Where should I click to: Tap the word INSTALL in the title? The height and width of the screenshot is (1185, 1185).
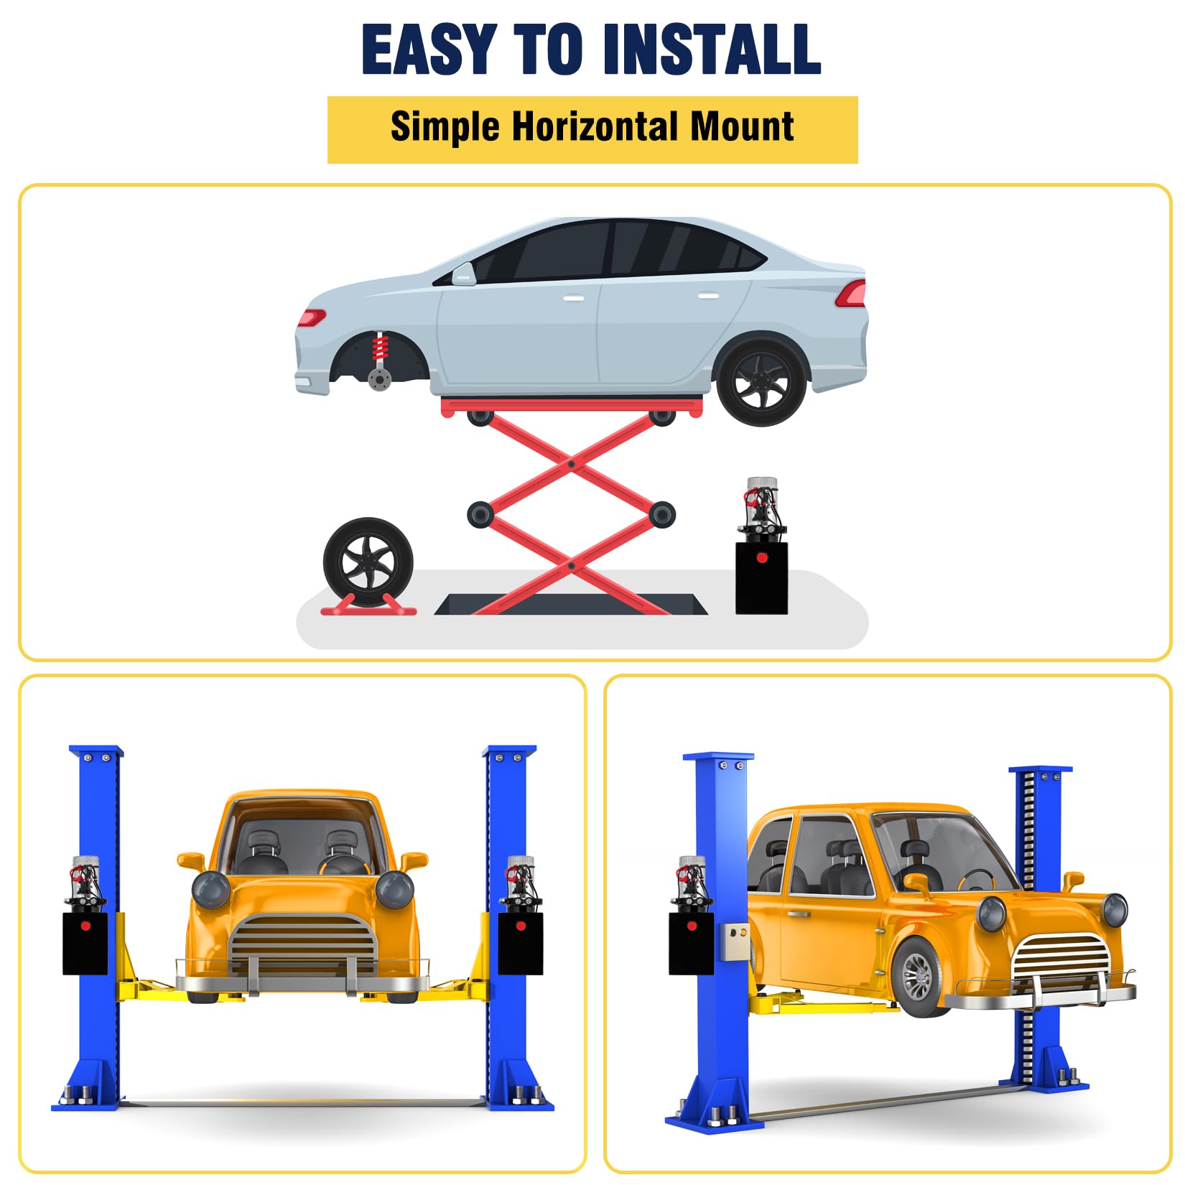point(711,50)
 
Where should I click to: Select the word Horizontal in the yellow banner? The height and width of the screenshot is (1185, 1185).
point(592,127)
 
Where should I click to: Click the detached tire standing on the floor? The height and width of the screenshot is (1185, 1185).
point(368,562)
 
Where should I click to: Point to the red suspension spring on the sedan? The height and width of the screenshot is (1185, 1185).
point(380,352)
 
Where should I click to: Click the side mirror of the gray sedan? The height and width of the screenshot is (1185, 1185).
point(463,273)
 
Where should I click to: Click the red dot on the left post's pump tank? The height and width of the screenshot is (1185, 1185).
point(85,926)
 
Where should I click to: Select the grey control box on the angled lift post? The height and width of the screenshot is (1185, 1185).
point(734,942)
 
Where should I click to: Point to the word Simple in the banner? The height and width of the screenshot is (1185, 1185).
point(445,127)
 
